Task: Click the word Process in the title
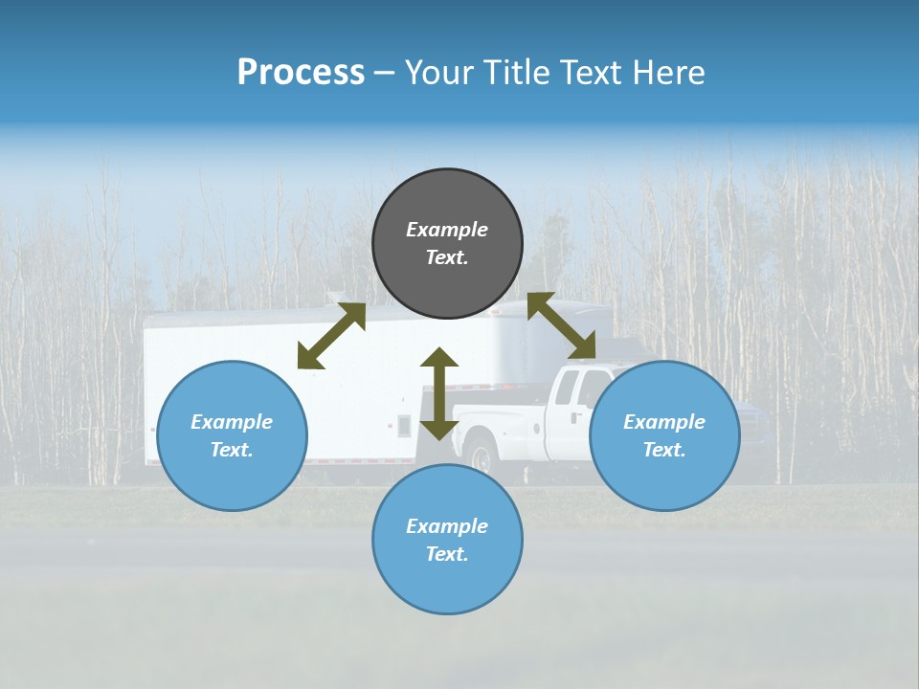301,73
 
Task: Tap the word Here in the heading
665,73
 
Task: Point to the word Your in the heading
438,73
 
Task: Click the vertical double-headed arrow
439,394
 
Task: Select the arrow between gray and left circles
331,335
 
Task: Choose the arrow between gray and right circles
562,325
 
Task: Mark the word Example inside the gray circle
447,230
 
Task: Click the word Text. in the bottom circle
447,554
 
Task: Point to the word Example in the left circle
232,422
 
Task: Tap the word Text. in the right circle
664,450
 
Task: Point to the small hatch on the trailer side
404,426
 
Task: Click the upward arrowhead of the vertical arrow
439,359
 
